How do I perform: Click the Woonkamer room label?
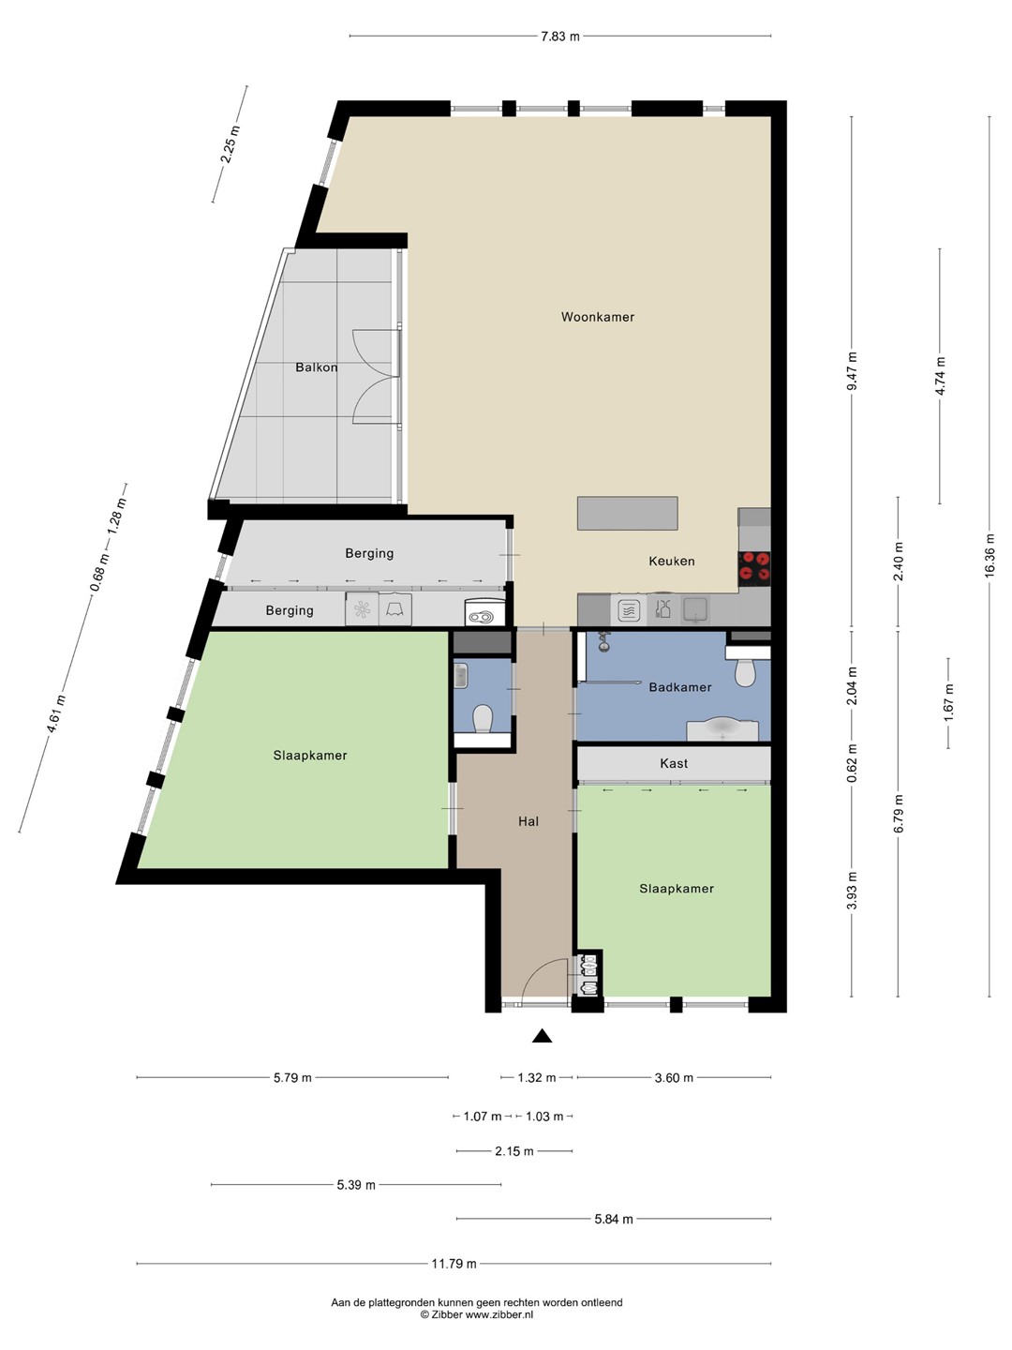tap(597, 317)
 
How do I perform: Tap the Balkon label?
tap(317, 367)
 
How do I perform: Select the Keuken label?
tap(672, 561)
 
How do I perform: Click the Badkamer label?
tap(680, 687)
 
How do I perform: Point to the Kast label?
tap(674, 763)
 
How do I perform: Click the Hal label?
tap(528, 821)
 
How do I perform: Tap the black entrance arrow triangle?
tap(542, 1036)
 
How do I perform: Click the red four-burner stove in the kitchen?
tap(754, 566)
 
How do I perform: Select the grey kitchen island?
tap(628, 513)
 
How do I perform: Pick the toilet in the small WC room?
tap(483, 719)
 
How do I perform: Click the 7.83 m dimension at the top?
tap(559, 36)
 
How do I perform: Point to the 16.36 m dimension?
tap(990, 554)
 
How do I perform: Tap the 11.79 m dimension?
tap(454, 1264)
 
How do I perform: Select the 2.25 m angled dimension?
tap(231, 144)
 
